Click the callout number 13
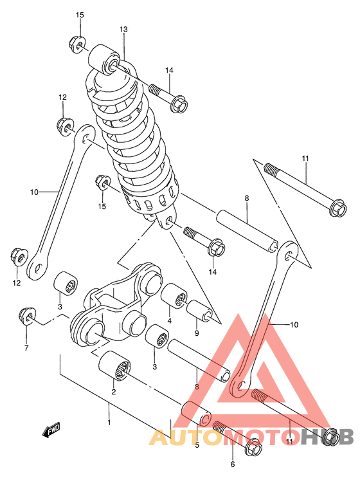(123, 30)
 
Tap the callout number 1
(109, 422)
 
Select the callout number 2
(113, 392)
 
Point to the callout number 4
(169, 320)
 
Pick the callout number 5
(197, 445)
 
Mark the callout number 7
(26, 348)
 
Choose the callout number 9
(197, 333)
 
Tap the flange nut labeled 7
(27, 315)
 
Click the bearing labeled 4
(174, 297)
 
